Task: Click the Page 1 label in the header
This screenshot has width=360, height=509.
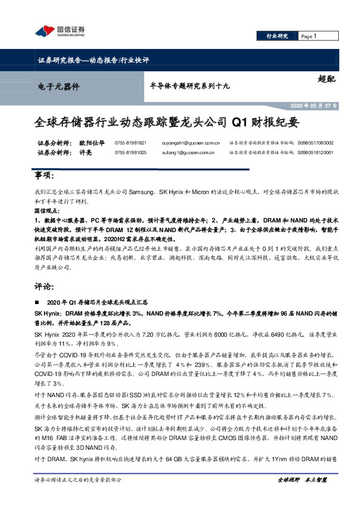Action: click(309, 37)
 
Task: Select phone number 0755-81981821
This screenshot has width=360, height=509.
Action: click(131, 143)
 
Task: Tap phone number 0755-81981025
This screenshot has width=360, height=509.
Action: click(131, 153)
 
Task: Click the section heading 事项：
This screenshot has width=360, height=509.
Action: click(46, 175)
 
